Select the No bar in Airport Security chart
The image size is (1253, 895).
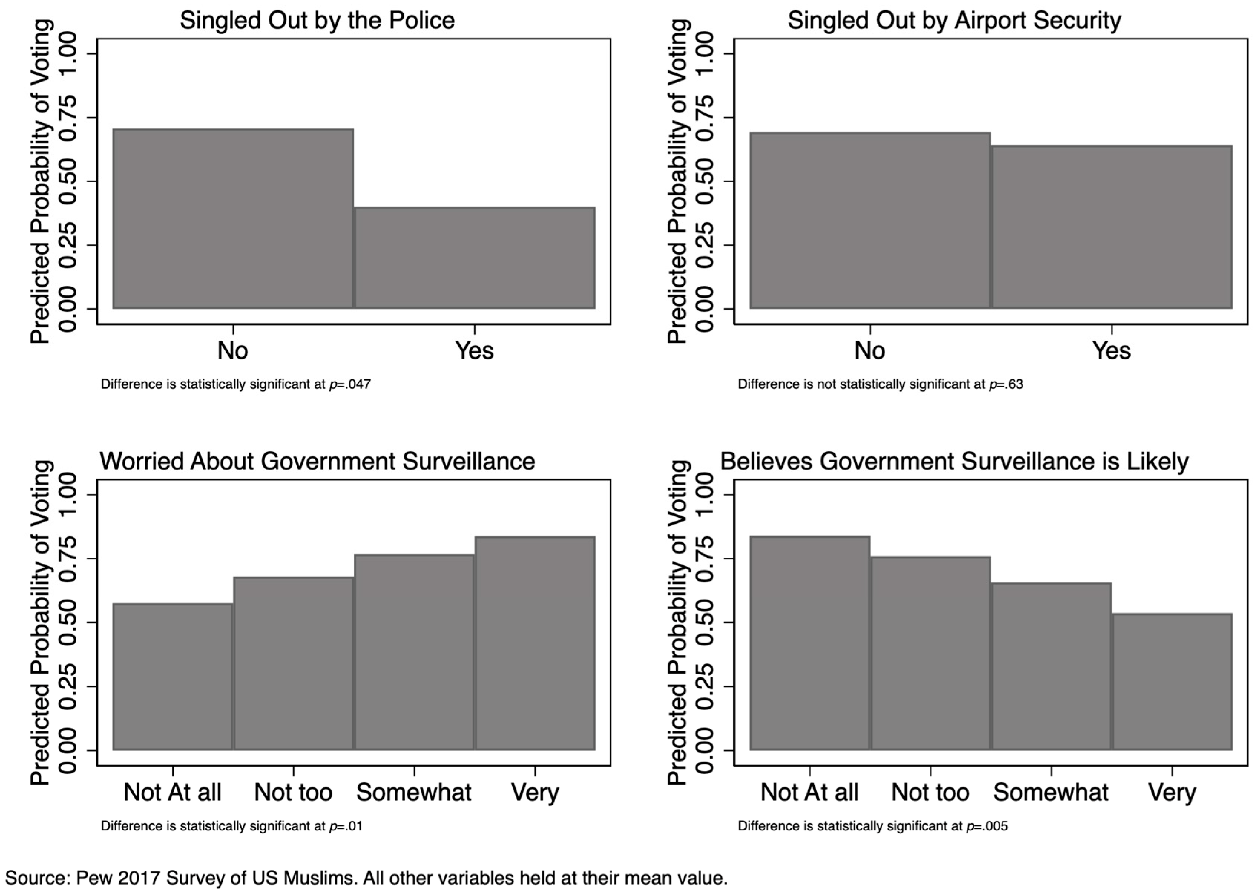click(869, 221)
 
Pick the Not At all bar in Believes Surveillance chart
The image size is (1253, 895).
click(809, 643)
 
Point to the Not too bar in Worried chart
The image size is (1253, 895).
click(293, 664)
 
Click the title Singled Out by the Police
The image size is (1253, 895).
click(317, 21)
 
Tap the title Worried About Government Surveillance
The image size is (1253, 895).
click(317, 461)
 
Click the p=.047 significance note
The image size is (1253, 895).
click(236, 384)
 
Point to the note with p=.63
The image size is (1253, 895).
click(880, 384)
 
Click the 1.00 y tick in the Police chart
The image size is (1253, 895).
click(68, 53)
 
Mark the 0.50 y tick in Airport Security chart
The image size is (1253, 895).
click(705, 181)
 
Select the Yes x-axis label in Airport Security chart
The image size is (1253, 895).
click(1111, 350)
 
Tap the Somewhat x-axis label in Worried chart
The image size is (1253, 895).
click(414, 792)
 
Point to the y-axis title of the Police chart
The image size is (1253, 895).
click(40, 181)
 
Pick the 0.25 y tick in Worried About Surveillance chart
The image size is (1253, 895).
click(68, 686)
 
